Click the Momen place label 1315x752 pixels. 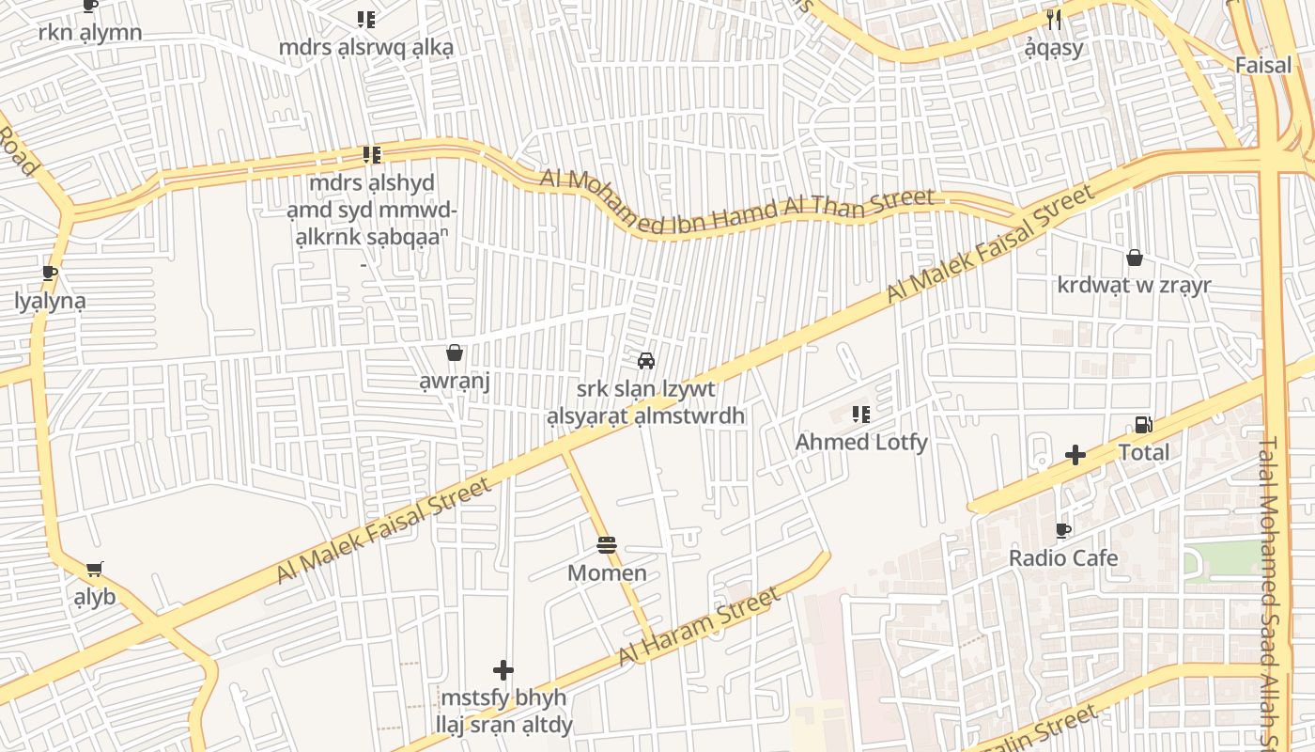coord(607,572)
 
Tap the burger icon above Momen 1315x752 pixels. coord(607,545)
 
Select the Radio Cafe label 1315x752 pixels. coord(1063,557)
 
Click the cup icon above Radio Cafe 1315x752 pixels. coord(1063,530)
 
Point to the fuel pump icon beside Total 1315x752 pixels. coord(1143,425)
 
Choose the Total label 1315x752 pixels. coord(1144,452)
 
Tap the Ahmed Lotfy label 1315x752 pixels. coord(861,442)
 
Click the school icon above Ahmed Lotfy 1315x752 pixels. coord(860,414)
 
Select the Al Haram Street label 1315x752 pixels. coord(700,626)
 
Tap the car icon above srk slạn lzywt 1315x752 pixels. coord(646,361)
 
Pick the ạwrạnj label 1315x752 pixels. coord(455,382)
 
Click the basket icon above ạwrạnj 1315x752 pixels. coord(455,353)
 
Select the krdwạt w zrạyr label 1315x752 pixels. coord(1135,285)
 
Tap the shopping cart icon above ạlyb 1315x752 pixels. coord(94,569)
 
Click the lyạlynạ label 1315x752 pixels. coord(50,301)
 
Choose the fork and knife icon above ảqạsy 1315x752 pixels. coord(1054,20)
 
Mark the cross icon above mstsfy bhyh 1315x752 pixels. coord(503,670)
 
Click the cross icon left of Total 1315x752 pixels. coord(1075,456)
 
